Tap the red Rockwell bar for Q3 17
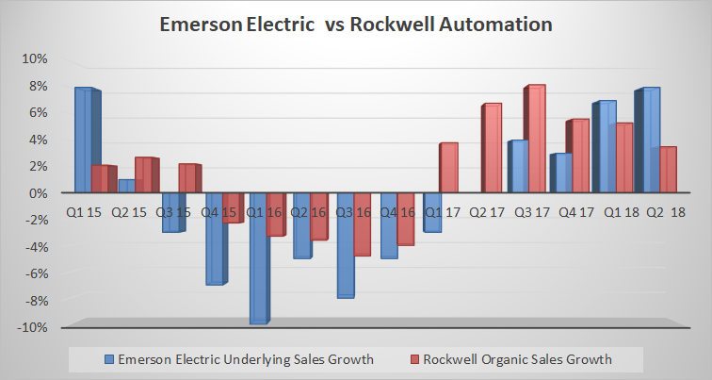[x=536, y=139]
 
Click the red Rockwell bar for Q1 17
[x=448, y=168]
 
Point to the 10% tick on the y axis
[x=34, y=58]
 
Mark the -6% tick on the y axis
[x=35, y=274]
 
